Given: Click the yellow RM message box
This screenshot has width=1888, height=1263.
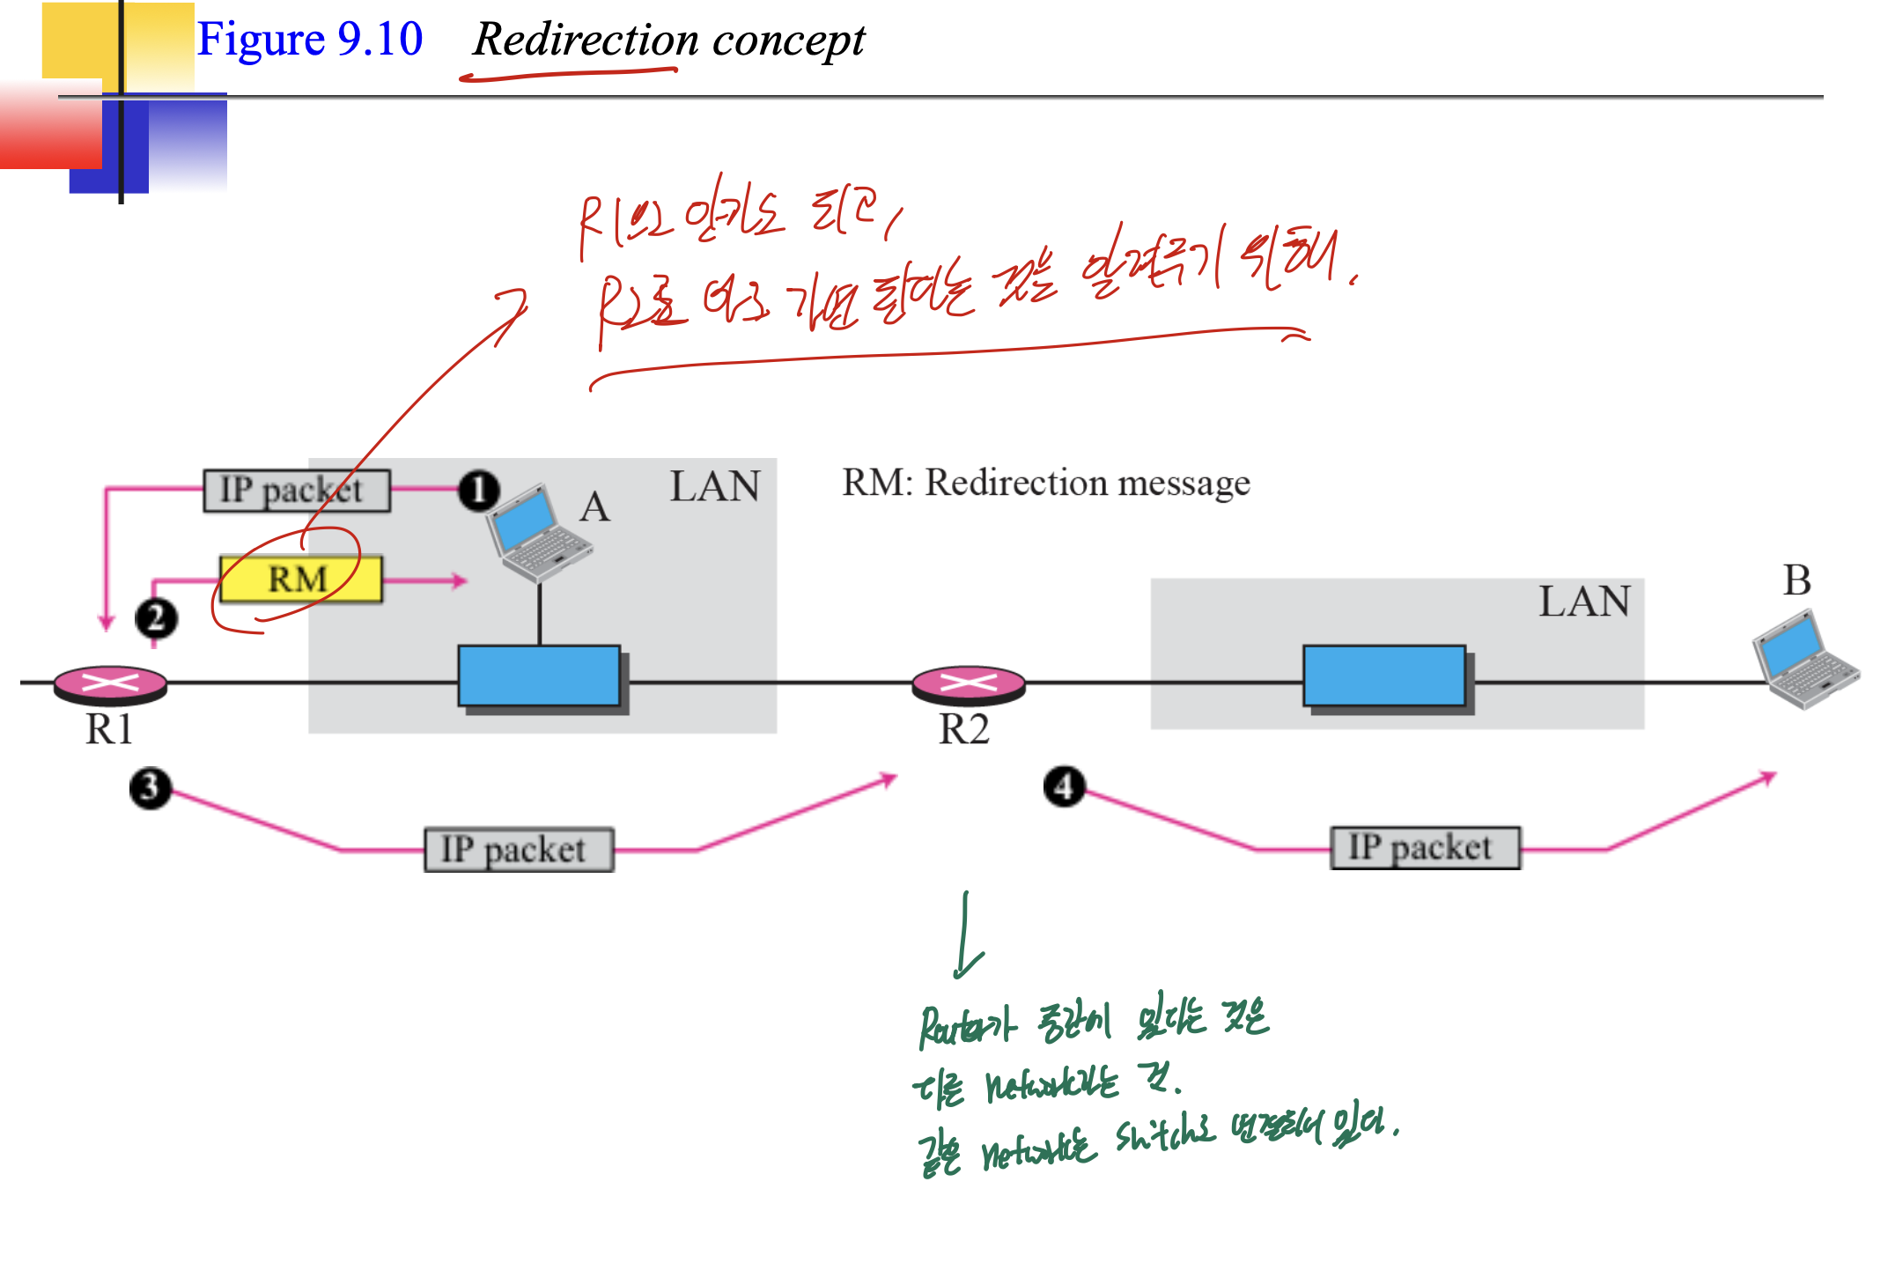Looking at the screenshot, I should (300, 580).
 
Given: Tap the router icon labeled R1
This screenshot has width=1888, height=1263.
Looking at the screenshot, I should (110, 684).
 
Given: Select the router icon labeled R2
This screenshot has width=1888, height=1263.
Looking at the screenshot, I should (968, 684).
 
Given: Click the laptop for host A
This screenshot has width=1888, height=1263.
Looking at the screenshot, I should (537, 534).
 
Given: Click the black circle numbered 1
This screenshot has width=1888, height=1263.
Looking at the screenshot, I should (478, 491).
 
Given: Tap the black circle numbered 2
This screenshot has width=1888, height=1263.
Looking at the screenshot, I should (156, 618).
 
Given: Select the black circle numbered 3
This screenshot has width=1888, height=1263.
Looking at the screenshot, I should (150, 787).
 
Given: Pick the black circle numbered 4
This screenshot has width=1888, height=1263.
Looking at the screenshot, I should (1064, 787).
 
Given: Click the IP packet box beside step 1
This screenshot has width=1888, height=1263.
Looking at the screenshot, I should (297, 491).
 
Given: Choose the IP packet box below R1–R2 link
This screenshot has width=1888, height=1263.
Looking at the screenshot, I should (519, 850).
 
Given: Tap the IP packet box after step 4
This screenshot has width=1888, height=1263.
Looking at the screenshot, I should (1425, 848).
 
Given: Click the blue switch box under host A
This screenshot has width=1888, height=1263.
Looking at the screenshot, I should (539, 676).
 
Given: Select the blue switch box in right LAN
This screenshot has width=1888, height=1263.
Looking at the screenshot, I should (1384, 676).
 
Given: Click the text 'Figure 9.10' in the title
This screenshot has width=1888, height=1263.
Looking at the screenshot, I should (309, 40).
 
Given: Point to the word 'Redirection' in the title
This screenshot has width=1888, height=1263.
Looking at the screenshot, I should (586, 40).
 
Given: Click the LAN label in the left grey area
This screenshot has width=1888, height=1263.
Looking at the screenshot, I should (714, 486).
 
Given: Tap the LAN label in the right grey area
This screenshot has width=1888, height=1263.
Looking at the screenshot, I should (1583, 602).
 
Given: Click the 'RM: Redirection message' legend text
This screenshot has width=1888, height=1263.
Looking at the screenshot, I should (1045, 483).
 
